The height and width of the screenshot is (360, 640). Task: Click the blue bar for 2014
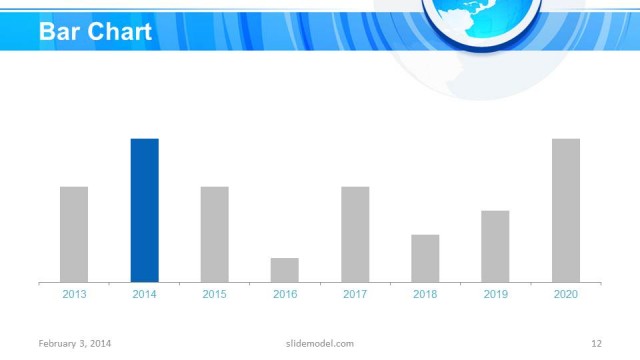[x=144, y=210]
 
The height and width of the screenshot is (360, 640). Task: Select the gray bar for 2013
[x=74, y=234]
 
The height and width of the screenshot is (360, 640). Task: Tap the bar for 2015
[x=214, y=234]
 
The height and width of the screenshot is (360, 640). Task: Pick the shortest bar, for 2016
[x=285, y=270]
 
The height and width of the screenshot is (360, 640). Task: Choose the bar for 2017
[x=355, y=234]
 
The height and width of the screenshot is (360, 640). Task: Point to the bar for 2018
[x=425, y=258]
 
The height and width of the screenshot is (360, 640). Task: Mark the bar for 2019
[x=495, y=246]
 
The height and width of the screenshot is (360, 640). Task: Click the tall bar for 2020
[x=566, y=210]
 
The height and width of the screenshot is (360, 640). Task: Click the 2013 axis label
[x=74, y=294]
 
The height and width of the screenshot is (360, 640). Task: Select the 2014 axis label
[x=144, y=294]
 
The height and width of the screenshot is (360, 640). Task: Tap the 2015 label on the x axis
[x=214, y=294]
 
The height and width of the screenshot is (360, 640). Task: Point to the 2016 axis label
[x=285, y=294]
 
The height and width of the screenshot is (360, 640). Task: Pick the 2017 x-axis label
[x=355, y=294]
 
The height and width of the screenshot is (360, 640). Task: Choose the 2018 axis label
[x=425, y=294]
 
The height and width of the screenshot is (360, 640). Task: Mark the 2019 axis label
[x=495, y=294]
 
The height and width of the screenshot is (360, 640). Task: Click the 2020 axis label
[x=566, y=294]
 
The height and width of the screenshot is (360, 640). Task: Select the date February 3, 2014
[x=75, y=344]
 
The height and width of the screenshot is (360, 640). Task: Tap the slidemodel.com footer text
[x=313, y=344]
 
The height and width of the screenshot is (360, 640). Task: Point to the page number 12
[x=596, y=344]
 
